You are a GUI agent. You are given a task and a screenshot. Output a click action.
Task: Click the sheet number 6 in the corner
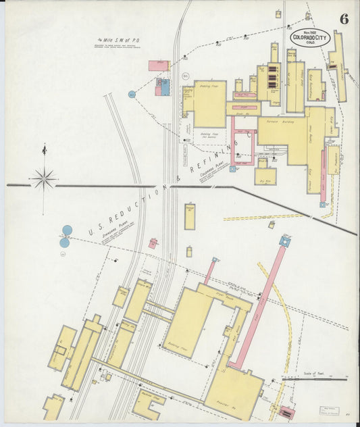(x=344, y=20)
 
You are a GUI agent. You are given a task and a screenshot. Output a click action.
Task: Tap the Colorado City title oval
(x=310, y=38)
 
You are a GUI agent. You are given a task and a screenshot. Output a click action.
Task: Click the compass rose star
(x=45, y=179)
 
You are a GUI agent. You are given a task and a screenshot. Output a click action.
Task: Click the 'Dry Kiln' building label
(x=265, y=181)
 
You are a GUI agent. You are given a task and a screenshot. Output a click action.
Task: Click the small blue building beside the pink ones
(x=165, y=89)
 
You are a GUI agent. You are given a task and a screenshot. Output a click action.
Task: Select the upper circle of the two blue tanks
(x=67, y=230)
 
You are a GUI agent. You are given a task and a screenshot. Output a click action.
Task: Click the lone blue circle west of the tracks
(x=132, y=95)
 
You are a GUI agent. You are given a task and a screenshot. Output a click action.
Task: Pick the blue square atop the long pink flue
(x=285, y=241)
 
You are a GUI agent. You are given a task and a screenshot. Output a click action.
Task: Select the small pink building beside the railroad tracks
(x=153, y=243)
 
